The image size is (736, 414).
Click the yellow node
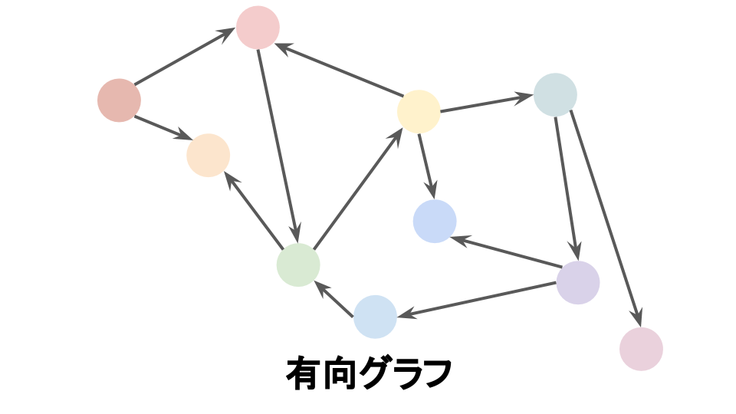(x=419, y=111)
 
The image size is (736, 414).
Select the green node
(x=298, y=265)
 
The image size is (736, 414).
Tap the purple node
(x=577, y=282)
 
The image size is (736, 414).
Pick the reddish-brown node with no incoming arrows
(x=119, y=100)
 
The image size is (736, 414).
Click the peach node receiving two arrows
(x=208, y=156)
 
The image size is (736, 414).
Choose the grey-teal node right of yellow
(x=555, y=95)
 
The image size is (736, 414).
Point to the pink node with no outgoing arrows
(x=641, y=349)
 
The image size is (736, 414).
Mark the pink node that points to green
(x=258, y=28)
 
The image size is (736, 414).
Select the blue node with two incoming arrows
(x=435, y=222)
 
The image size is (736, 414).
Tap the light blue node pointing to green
(x=375, y=317)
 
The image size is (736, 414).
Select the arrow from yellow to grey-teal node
(x=486, y=103)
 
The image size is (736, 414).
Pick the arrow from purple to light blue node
(x=475, y=300)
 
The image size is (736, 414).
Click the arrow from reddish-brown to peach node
(x=163, y=128)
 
